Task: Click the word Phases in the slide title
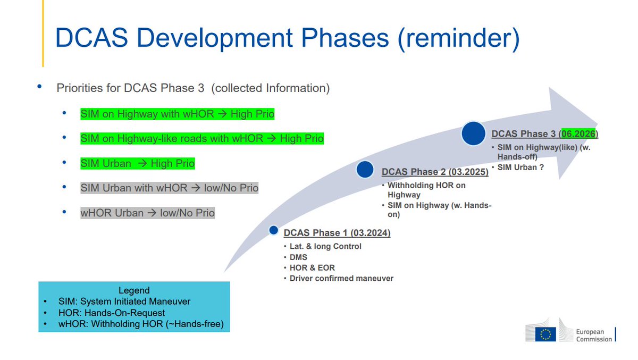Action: click(345, 38)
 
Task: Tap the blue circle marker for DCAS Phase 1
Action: click(273, 230)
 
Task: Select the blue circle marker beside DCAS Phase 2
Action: click(365, 170)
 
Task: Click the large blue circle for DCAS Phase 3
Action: click(473, 133)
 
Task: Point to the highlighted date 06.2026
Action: click(578, 133)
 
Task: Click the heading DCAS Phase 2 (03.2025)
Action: click(435, 172)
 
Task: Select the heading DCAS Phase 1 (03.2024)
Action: click(337, 233)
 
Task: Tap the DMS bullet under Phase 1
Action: click(298, 257)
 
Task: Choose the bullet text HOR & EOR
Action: click(312, 267)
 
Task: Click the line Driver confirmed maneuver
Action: click(341, 278)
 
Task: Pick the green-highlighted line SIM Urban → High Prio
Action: click(138, 163)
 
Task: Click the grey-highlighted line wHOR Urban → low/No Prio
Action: click(148, 213)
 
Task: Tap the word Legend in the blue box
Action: click(134, 290)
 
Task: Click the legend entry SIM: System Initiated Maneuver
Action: click(124, 302)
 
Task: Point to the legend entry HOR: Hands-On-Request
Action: click(112, 313)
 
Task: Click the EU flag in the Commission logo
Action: click(545, 334)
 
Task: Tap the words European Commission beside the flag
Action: click(594, 336)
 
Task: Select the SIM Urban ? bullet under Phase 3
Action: click(521, 167)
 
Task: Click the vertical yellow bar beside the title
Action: click(43, 34)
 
